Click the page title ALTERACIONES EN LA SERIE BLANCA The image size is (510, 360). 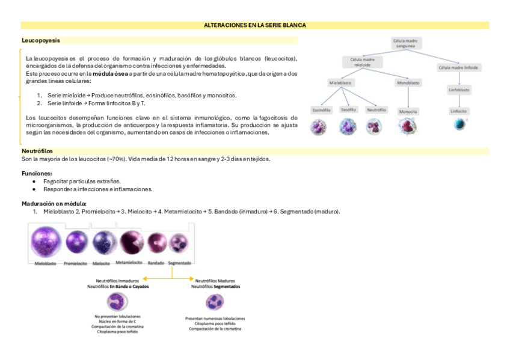click(x=255, y=25)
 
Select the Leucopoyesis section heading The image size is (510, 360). click(x=40, y=40)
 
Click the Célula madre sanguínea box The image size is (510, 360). click(x=406, y=43)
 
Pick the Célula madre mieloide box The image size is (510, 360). click(x=362, y=62)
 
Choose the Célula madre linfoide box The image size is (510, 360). click(x=459, y=68)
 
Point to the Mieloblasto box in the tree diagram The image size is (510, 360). click(x=340, y=82)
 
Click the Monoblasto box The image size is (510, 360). click(x=408, y=82)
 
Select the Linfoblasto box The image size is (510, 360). click(x=459, y=90)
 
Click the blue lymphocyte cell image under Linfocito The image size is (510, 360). click(x=459, y=123)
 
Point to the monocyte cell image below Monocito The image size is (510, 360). click(x=408, y=125)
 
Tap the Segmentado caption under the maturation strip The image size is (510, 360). click(x=180, y=263)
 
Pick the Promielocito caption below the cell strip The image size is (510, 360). click(x=75, y=263)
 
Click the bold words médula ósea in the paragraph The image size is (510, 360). click(x=109, y=73)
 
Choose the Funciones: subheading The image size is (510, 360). click(x=37, y=173)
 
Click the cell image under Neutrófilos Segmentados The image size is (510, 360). click(x=215, y=302)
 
